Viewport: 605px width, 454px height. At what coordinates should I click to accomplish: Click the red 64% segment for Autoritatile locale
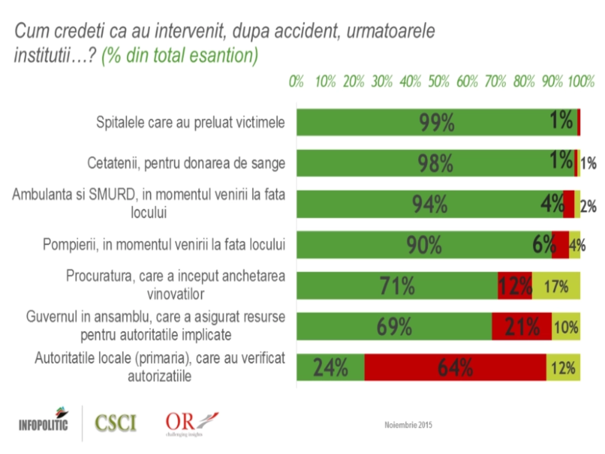(x=455, y=367)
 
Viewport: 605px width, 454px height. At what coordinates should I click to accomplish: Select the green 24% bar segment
(x=330, y=367)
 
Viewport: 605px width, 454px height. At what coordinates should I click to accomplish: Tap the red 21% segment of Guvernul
(x=522, y=326)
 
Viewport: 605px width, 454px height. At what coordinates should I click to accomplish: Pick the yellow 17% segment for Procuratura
(x=556, y=286)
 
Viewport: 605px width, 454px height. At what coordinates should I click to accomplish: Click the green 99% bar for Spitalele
(x=437, y=122)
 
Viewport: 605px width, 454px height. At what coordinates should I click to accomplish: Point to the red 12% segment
(x=515, y=286)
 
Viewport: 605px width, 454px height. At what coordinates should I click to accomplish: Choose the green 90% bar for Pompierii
(x=424, y=245)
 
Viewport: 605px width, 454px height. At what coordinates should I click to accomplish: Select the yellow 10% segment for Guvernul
(x=566, y=326)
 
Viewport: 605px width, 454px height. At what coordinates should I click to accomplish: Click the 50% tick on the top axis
(x=439, y=81)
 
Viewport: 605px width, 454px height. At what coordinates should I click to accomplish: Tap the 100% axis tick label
(x=581, y=81)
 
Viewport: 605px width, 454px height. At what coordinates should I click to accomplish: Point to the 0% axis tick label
(x=296, y=81)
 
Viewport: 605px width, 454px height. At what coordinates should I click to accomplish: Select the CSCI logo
(x=115, y=423)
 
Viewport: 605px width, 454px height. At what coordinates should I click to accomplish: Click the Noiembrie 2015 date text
(x=408, y=425)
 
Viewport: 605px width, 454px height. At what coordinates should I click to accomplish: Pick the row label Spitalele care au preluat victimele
(x=190, y=122)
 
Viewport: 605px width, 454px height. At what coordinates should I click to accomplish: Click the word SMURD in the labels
(x=112, y=194)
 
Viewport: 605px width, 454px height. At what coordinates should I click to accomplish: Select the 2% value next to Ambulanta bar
(x=588, y=207)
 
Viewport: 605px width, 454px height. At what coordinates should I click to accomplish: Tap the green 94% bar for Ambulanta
(x=430, y=204)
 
